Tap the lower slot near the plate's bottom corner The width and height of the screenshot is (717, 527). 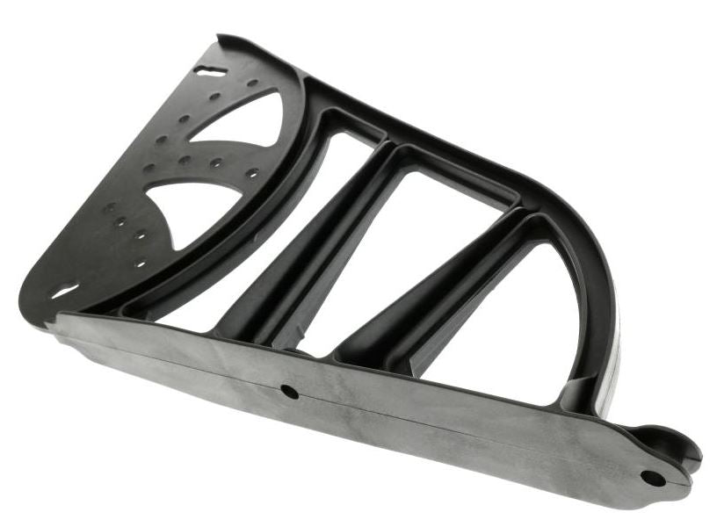coord(65,291)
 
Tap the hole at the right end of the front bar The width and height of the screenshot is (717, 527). coord(653,478)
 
